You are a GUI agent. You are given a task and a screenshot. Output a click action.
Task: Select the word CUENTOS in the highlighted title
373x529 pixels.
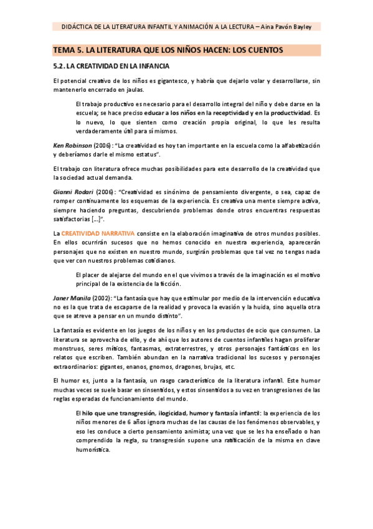[x=265, y=50]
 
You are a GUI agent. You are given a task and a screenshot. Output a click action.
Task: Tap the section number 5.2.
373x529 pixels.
[x=59, y=66]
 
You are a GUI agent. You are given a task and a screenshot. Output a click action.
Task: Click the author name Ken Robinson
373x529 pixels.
[x=73, y=145]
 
